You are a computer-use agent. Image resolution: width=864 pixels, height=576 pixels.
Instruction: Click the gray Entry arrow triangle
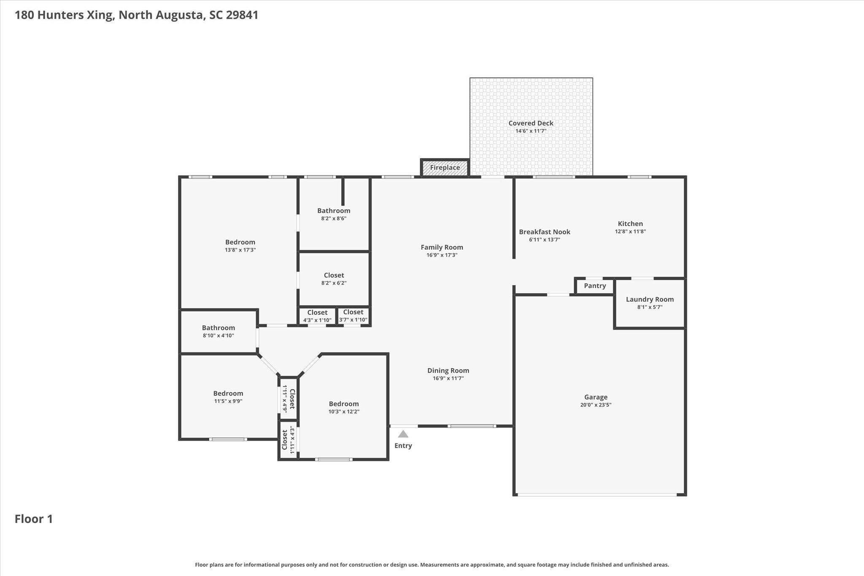tap(403, 434)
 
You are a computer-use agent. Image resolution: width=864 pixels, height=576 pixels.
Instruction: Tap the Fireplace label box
tap(445, 168)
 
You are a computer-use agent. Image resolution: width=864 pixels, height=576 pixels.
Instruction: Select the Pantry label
tap(595, 286)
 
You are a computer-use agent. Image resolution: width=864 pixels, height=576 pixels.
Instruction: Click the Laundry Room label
tap(650, 299)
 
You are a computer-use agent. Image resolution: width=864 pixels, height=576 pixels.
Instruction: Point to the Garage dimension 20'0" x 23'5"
tap(596, 405)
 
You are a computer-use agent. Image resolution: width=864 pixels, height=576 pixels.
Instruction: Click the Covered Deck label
tap(531, 123)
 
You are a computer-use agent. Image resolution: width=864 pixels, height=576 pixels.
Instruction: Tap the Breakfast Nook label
tap(544, 232)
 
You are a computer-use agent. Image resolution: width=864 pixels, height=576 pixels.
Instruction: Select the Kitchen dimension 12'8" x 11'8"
tap(630, 231)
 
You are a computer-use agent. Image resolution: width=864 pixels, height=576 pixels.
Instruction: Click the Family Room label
tap(442, 247)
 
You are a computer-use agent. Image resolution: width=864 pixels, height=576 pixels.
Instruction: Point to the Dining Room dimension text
tap(448, 378)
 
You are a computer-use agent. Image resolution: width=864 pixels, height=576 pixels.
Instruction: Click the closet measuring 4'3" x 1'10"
tap(317, 316)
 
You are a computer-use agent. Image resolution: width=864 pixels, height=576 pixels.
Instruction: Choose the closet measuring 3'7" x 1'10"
tap(353, 316)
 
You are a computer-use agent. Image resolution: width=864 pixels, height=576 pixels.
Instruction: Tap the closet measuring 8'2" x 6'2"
tap(334, 279)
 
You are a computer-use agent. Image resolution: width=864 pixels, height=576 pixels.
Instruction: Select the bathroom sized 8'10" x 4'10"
tap(218, 331)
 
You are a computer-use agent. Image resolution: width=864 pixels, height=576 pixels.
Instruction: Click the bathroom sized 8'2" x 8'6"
tap(334, 214)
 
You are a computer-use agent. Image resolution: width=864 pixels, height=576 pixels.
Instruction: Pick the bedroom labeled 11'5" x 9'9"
tap(228, 397)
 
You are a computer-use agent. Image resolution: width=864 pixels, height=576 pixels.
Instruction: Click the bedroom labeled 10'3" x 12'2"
tap(344, 408)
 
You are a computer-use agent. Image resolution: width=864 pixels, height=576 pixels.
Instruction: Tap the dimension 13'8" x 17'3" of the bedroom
tap(240, 250)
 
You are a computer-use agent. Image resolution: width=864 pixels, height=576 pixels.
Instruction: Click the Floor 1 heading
tap(34, 519)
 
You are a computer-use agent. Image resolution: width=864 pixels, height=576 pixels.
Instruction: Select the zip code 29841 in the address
tap(242, 15)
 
